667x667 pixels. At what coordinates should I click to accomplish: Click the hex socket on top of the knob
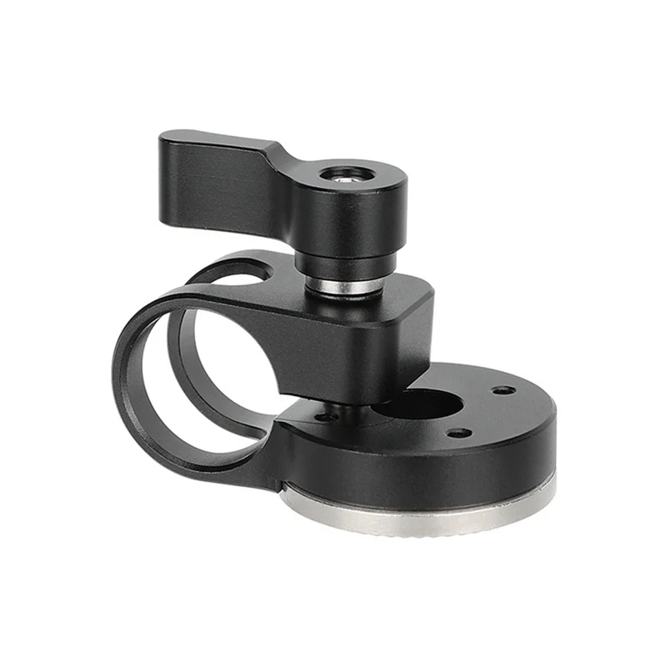click(x=346, y=174)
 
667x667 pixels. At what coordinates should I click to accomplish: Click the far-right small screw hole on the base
click(x=503, y=389)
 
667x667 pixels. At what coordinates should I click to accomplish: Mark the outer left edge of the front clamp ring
click(x=118, y=367)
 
